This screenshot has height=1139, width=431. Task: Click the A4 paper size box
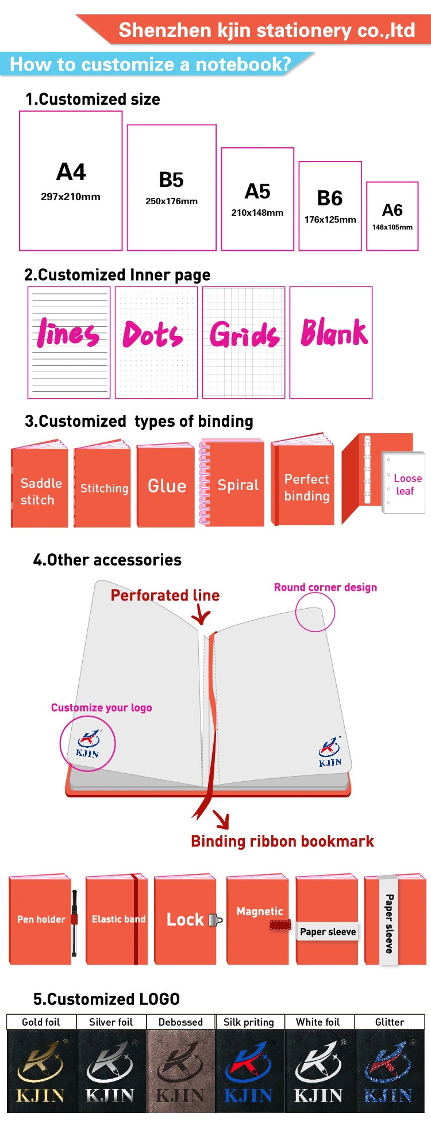(x=71, y=181)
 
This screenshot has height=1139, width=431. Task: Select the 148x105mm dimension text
(x=392, y=227)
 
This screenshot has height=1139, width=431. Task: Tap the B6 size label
(x=330, y=198)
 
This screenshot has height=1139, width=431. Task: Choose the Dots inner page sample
(x=156, y=342)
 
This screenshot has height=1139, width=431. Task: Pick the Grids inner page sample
(x=244, y=342)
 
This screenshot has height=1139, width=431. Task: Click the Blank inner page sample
(x=331, y=342)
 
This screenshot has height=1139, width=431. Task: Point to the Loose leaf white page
(x=403, y=483)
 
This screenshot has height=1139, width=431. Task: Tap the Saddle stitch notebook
(x=39, y=484)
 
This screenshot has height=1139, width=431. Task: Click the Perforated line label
(x=165, y=595)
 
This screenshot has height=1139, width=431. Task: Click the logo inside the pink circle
(x=87, y=744)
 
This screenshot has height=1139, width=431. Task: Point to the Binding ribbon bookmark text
(x=282, y=842)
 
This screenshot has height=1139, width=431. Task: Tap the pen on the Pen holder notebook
(x=74, y=923)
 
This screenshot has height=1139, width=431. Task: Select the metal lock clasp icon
(x=215, y=920)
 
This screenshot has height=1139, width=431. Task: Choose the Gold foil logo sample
(x=41, y=1071)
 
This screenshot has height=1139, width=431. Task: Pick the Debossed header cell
(x=181, y=1022)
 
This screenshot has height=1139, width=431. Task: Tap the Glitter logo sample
(x=390, y=1071)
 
